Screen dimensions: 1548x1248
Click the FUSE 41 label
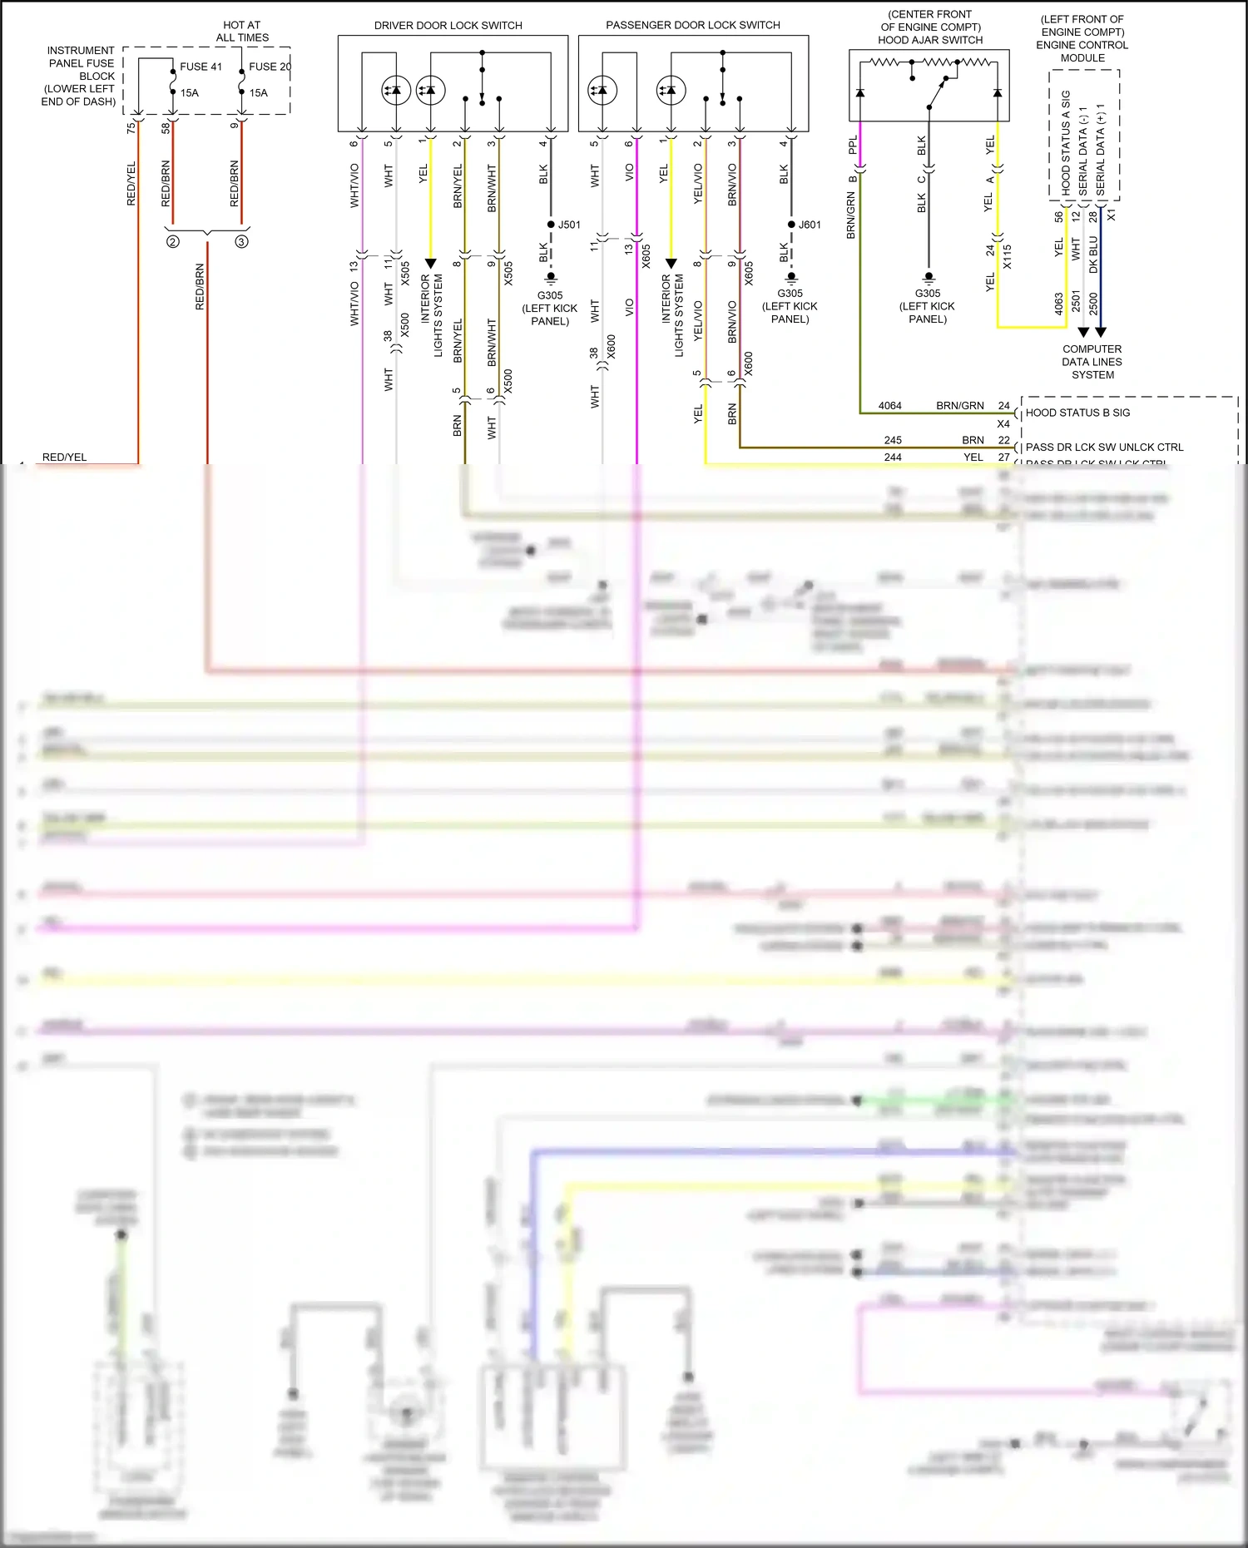[201, 67]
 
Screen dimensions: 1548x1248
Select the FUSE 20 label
[270, 67]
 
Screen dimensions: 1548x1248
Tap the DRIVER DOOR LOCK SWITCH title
[448, 26]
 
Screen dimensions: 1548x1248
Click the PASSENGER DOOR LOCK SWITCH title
[692, 26]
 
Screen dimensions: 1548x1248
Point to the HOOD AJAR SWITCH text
[930, 40]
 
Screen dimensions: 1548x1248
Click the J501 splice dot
[551, 225]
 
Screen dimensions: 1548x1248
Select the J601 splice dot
[791, 225]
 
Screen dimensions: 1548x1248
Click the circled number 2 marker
[172, 242]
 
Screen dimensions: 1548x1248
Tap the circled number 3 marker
[241, 242]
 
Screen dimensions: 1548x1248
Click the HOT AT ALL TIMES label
[242, 32]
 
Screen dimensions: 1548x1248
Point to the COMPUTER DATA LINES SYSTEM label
[1092, 362]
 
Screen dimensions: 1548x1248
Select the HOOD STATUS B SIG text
[1077, 413]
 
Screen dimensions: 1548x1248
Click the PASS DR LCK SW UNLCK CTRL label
[1104, 448]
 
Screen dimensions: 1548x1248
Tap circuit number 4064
[889, 406]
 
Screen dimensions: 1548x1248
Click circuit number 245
[893, 440]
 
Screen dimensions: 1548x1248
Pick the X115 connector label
[1007, 256]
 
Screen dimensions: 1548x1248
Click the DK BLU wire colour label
[1093, 255]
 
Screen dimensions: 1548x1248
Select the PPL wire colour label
[853, 146]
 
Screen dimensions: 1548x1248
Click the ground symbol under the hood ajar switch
[929, 277]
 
